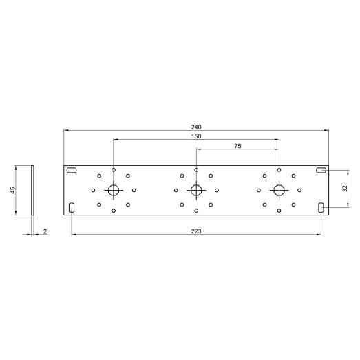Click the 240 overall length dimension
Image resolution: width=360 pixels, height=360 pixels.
coord(196,127)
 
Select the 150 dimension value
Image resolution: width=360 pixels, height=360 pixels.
coord(196,136)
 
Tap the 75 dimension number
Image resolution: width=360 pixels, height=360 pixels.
coord(237,146)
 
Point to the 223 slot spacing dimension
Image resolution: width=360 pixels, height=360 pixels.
coord(196,231)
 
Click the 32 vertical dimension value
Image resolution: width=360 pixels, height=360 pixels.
coord(345,189)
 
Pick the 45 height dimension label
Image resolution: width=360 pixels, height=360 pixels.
coord(13,190)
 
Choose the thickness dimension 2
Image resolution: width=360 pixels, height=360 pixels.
coord(45,231)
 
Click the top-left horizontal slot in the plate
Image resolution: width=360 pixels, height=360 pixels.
coord(72,170)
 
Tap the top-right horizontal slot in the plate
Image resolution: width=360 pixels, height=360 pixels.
coord(321,170)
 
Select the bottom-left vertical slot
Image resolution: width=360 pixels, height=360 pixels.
coord(72,208)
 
